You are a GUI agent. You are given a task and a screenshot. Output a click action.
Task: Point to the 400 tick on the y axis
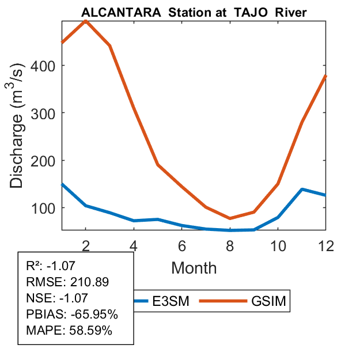(x=46, y=66)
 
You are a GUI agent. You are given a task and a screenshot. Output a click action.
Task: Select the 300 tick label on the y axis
(x=46, y=113)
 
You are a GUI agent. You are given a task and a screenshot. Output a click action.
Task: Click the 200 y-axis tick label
(x=46, y=160)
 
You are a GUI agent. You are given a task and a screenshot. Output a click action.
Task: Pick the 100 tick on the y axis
(x=46, y=207)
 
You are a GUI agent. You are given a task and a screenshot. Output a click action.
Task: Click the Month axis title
(x=194, y=268)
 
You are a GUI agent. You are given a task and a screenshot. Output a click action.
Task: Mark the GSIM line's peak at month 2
(x=86, y=21)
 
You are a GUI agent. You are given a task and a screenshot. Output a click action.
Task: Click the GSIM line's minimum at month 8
(x=230, y=218)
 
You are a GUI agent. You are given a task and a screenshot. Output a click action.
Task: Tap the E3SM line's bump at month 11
(x=302, y=189)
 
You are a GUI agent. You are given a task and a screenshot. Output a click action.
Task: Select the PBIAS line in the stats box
(x=72, y=314)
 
